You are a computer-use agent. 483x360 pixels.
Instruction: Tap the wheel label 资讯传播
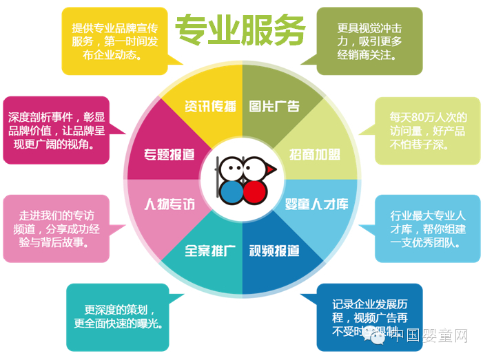coord(209,106)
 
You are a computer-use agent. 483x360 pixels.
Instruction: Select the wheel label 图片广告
coord(274,106)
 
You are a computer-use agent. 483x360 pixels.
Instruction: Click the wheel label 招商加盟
coord(314,153)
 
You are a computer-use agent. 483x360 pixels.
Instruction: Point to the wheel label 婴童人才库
coord(317,204)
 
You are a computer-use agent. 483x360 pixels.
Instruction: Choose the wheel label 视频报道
coord(274,251)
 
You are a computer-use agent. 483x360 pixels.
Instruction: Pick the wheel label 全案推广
coord(211,251)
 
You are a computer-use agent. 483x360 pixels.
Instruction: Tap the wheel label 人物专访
coord(169,204)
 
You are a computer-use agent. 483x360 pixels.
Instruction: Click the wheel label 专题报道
coord(169,153)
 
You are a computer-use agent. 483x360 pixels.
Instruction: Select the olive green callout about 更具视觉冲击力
coord(370,40)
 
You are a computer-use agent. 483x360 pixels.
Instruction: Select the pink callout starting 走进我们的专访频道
coord(56,229)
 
